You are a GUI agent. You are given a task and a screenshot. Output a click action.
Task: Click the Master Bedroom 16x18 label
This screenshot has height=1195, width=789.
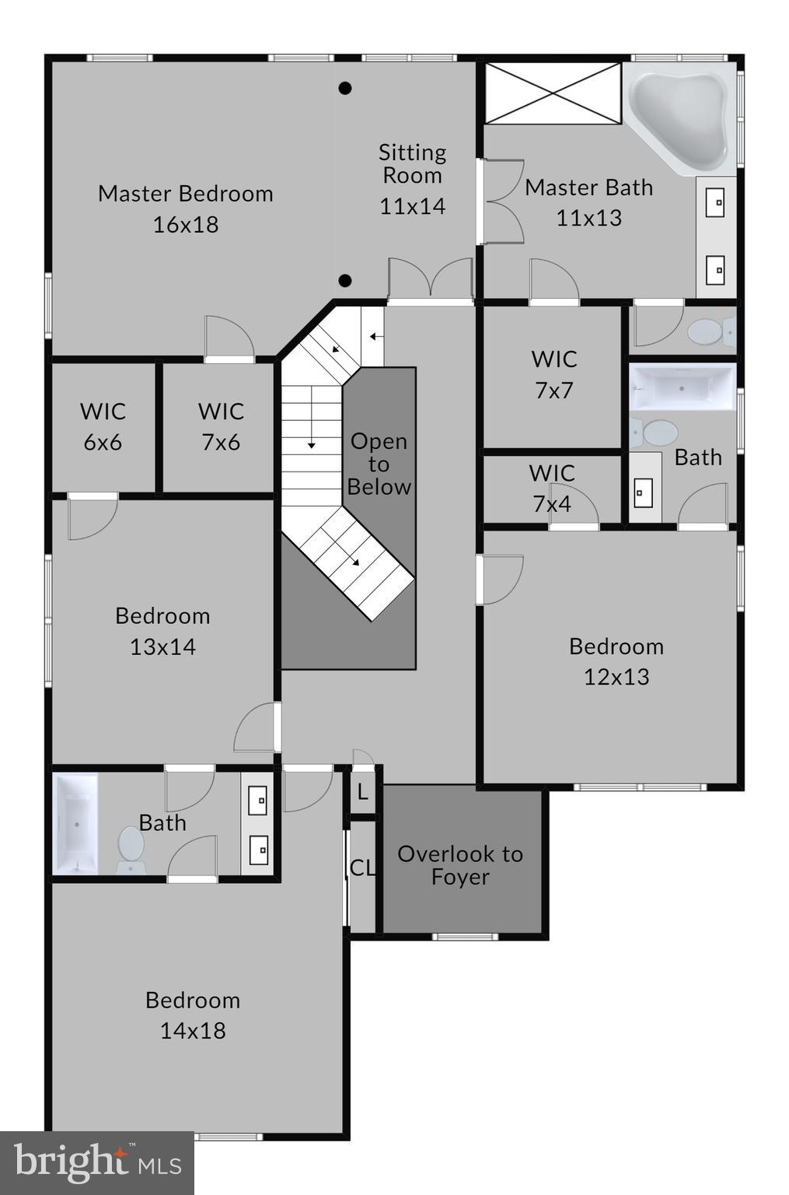click(185, 209)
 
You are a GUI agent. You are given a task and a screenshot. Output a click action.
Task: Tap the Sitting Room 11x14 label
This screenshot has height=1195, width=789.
click(412, 179)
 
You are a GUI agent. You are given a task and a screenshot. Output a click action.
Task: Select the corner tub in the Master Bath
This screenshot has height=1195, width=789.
click(679, 120)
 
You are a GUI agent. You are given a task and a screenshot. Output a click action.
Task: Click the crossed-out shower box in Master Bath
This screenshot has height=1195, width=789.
click(553, 93)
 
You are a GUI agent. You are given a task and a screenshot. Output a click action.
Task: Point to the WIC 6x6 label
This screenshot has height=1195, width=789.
click(103, 426)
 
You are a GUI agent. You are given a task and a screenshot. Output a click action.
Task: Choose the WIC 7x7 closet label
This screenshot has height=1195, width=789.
click(553, 374)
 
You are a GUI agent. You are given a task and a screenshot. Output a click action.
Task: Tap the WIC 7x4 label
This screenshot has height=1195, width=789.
click(552, 488)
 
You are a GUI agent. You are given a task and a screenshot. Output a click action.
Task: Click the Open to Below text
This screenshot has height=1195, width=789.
click(379, 464)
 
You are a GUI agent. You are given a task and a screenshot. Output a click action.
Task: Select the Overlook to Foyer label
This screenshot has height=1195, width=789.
click(459, 864)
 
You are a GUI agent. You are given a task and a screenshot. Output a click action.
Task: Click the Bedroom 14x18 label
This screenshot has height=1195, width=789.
click(192, 1015)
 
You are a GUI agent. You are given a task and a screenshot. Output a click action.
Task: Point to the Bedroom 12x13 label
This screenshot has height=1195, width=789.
click(616, 661)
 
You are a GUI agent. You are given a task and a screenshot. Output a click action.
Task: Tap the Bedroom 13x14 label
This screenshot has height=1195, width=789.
click(162, 631)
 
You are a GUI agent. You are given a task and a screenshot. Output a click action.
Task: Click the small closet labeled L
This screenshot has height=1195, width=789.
click(362, 793)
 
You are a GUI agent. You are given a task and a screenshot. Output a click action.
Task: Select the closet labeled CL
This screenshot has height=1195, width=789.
click(361, 867)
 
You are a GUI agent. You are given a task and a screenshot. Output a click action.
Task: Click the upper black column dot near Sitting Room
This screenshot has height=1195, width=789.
click(345, 88)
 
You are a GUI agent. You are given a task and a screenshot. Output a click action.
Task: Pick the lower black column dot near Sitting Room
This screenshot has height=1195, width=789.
click(345, 281)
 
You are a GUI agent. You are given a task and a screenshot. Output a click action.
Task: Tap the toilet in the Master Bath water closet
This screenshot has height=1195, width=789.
click(709, 332)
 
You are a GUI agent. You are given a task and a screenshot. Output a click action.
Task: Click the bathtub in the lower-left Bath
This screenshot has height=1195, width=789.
click(75, 823)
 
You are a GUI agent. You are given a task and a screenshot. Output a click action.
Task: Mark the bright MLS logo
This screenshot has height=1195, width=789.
click(96, 1162)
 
